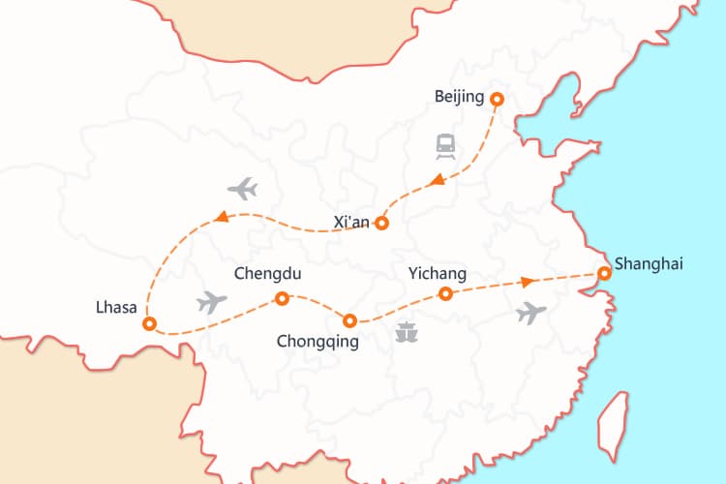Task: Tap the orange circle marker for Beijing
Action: pos(497,99)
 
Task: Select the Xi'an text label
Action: pos(351,222)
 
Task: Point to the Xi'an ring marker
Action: pos(381,223)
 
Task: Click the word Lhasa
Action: pos(115,309)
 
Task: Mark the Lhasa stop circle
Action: pos(149,324)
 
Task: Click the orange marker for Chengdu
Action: pos(282,299)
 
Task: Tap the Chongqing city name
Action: pos(318,341)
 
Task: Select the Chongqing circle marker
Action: pos(350,320)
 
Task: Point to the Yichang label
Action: pos(438,274)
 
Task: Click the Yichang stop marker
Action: pos(445,293)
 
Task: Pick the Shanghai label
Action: pos(648,262)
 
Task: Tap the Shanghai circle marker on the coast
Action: pos(604,274)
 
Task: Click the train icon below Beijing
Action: pos(445,146)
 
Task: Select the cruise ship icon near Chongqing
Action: pos(407,333)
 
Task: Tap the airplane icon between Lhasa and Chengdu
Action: pos(211,302)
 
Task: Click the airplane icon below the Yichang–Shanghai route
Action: pos(531,313)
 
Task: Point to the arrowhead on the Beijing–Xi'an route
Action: pos(438,179)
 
